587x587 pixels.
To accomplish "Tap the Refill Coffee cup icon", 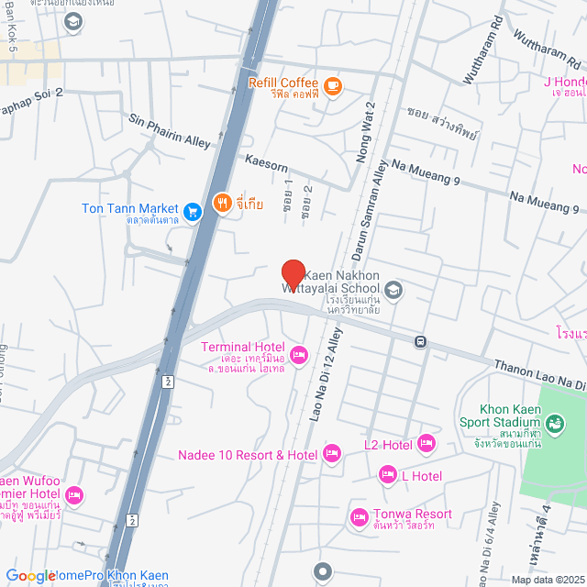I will click(331, 85).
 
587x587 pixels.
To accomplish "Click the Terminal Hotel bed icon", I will click(298, 354).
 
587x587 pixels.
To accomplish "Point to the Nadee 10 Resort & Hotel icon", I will click(332, 452).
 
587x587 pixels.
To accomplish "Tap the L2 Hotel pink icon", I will click(426, 444).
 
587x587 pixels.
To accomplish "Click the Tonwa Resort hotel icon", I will click(359, 518).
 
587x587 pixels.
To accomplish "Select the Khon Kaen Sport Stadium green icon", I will click(553, 423).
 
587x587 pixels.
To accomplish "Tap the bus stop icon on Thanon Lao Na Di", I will click(419, 342).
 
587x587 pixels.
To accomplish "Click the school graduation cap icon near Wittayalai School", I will click(393, 290).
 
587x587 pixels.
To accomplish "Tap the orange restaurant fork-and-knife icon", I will click(221, 203).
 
